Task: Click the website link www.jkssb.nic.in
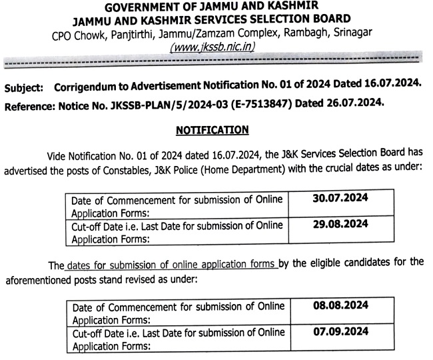point(213,47)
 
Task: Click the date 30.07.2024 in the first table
point(340,198)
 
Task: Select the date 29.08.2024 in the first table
point(340,225)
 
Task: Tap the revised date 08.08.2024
point(340,306)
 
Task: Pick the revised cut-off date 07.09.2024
point(340,332)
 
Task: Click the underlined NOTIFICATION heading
point(213,129)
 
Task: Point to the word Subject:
point(24,87)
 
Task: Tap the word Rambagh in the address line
point(304,32)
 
